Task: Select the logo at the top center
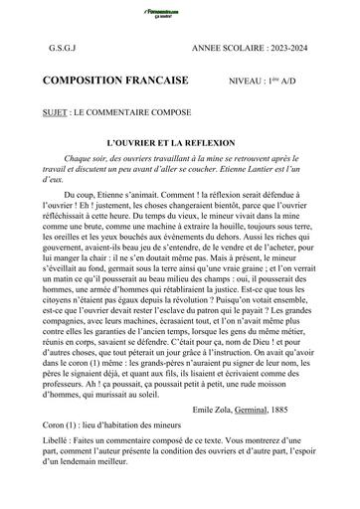point(180,9)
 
